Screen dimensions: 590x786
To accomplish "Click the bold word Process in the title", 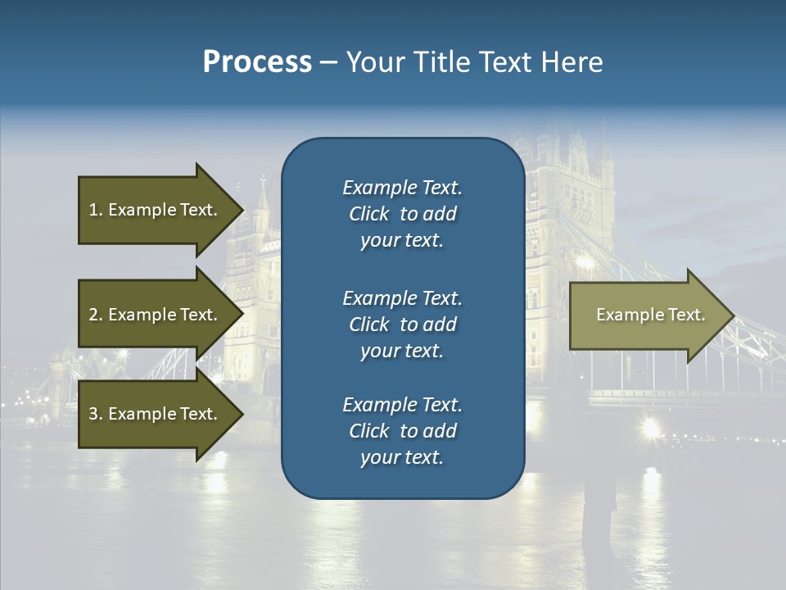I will pos(257,62).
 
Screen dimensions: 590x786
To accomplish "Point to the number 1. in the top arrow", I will pos(96,210).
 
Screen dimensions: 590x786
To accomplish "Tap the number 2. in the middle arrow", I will pos(96,315).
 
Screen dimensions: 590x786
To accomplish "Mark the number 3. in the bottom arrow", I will pos(96,414).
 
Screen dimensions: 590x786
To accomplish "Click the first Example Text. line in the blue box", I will pos(402,188).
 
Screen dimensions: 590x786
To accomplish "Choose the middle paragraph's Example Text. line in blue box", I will pos(402,297).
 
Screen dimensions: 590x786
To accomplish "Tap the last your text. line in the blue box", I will pos(402,458).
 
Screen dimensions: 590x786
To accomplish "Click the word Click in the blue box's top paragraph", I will pos(368,214).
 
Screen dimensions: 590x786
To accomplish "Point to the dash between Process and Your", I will pos(328,63).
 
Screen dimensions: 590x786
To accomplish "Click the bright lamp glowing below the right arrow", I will pos(651,426).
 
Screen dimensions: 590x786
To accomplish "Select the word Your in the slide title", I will pos(373,62).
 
